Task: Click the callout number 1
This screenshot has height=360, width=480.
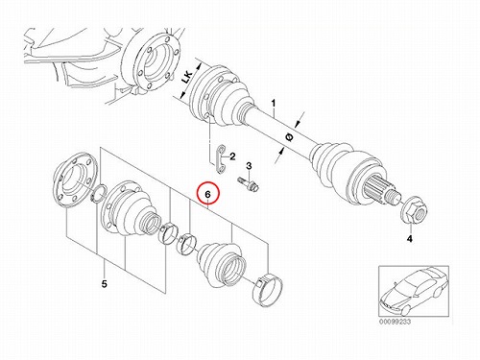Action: click(274, 103)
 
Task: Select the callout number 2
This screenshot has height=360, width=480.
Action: click(232, 156)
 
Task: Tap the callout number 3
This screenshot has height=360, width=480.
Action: click(249, 166)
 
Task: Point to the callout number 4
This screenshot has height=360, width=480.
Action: click(410, 238)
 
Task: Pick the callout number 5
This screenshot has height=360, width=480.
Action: click(105, 283)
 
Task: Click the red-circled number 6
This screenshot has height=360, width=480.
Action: click(208, 194)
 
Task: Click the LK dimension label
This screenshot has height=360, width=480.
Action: click(187, 78)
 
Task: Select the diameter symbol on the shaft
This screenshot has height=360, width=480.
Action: click(289, 137)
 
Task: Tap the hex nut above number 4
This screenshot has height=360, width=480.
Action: click(415, 211)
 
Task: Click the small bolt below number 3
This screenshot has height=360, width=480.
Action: click(249, 183)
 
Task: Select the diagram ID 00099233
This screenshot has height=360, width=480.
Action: click(395, 322)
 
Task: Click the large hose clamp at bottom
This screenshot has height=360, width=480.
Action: click(268, 290)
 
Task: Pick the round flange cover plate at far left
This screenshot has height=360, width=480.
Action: click(74, 180)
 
